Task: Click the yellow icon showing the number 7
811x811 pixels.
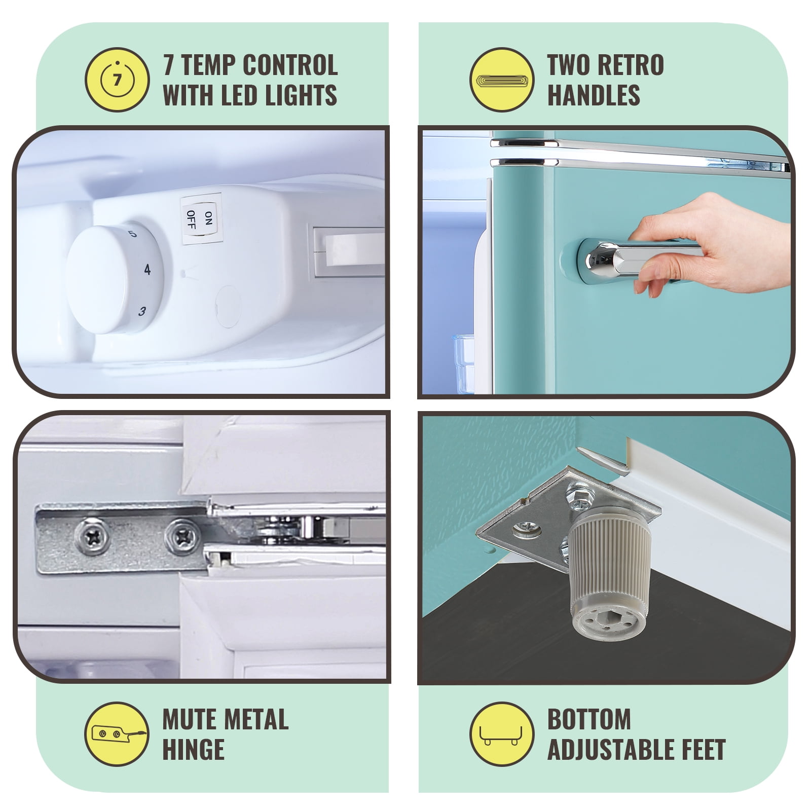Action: (117, 80)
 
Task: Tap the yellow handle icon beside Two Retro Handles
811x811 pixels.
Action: (502, 80)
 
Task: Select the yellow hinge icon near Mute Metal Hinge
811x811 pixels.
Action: (117, 733)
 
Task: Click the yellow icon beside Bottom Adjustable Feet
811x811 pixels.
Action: (502, 733)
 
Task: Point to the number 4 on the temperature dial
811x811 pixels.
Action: (148, 269)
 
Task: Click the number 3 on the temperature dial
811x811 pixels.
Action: (142, 311)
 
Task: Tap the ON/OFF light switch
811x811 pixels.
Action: (201, 219)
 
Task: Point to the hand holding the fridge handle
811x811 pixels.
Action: (710, 243)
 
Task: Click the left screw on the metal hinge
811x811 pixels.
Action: (93, 536)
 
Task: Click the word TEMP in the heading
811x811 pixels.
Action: (208, 65)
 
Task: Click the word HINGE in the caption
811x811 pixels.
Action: (193, 749)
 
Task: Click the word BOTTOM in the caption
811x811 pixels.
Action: (589, 719)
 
